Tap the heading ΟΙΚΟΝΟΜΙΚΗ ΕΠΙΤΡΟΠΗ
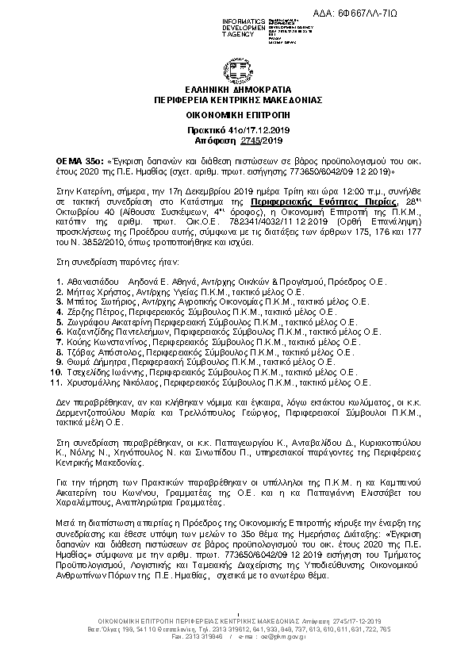[237, 115]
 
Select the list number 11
[56, 382]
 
